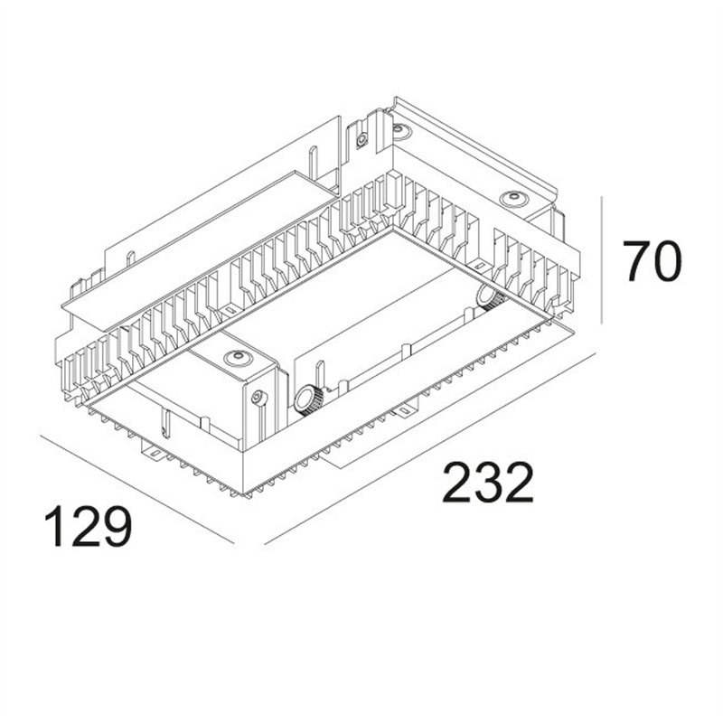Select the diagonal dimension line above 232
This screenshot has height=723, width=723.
pos(434,447)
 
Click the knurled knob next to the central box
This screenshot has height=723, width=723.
pos(307,397)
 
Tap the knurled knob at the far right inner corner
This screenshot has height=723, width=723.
pos(489,297)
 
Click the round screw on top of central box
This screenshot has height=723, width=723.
pos(237,359)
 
